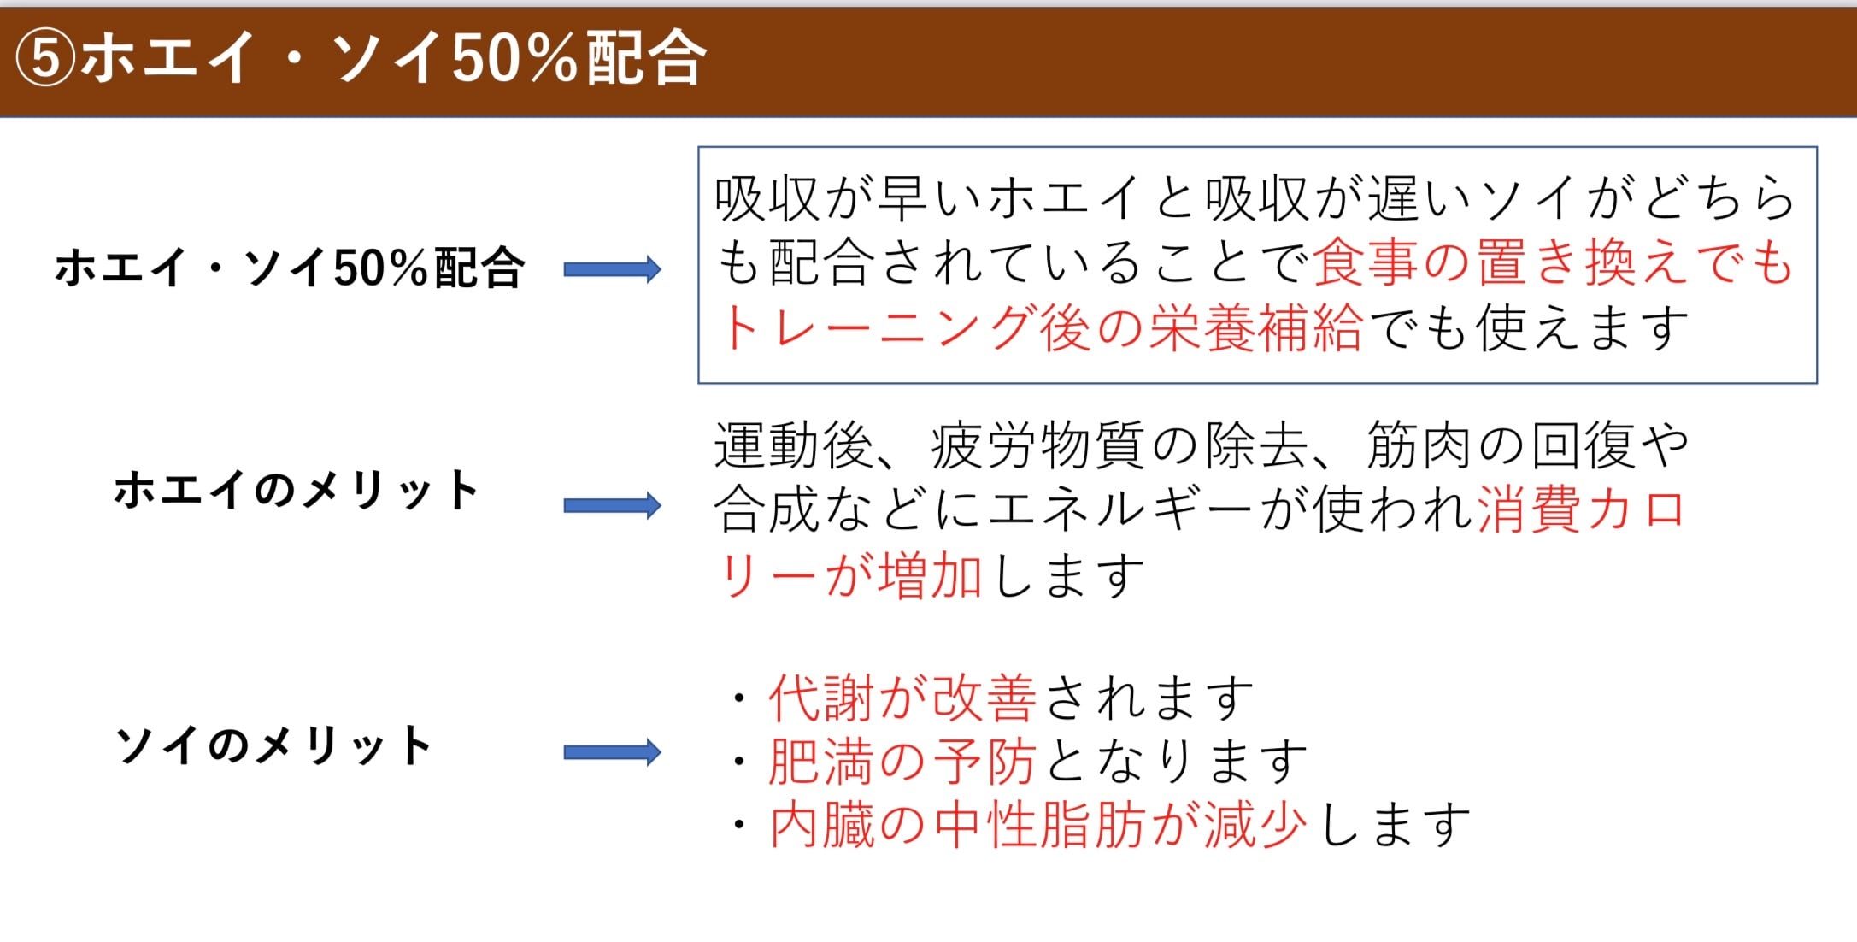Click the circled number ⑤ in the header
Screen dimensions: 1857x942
click(46, 59)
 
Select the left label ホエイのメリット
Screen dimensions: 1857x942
click(297, 490)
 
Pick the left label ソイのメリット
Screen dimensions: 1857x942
click(273, 745)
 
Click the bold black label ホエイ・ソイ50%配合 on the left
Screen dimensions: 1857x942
click(289, 268)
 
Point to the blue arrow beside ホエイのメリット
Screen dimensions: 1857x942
click(612, 505)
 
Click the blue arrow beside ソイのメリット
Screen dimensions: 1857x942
click(612, 752)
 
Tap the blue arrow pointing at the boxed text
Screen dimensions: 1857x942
click(612, 269)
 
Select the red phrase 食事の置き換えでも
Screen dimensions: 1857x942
click(1552, 262)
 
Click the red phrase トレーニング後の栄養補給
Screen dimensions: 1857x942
click(1040, 327)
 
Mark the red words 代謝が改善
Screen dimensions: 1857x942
click(902, 698)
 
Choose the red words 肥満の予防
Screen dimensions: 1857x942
click(902, 761)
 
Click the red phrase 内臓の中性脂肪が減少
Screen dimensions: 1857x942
click(1038, 825)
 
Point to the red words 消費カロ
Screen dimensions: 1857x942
click(1581, 509)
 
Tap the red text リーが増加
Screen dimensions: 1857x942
click(850, 574)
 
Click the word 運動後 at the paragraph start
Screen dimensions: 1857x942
click(794, 445)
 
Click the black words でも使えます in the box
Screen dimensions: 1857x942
click(1526, 327)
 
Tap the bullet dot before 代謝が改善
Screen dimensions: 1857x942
click(739, 698)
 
